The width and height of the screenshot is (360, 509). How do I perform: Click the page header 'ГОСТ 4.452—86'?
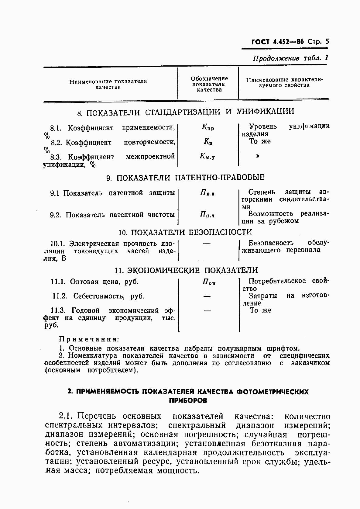tap(277, 42)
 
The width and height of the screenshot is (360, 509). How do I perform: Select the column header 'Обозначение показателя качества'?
tap(209, 84)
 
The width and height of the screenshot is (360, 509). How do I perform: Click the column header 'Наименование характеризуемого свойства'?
tap(284, 82)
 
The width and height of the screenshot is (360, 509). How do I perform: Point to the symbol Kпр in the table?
tap(208, 128)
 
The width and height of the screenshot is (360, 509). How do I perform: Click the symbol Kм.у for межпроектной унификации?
tap(207, 157)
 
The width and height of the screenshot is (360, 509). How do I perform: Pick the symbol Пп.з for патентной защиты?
tap(207, 193)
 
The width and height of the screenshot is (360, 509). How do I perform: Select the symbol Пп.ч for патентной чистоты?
tap(207, 215)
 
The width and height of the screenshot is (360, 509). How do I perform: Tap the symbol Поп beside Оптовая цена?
tap(209, 282)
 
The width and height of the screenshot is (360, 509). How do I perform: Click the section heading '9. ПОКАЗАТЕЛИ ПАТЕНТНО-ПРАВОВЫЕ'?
tap(185, 177)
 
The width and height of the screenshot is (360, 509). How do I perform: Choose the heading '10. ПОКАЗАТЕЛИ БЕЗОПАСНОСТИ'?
tap(185, 232)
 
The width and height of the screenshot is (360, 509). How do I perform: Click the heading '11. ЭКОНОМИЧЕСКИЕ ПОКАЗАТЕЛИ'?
tap(187, 270)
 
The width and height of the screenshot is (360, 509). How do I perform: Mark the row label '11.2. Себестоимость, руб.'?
tap(98, 296)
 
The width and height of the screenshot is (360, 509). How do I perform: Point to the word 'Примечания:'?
tap(88, 339)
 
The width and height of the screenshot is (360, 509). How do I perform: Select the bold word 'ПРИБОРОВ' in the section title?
tap(188, 400)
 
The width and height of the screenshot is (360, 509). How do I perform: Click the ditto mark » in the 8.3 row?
tap(258, 156)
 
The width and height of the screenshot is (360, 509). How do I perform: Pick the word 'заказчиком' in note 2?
tap(310, 363)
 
